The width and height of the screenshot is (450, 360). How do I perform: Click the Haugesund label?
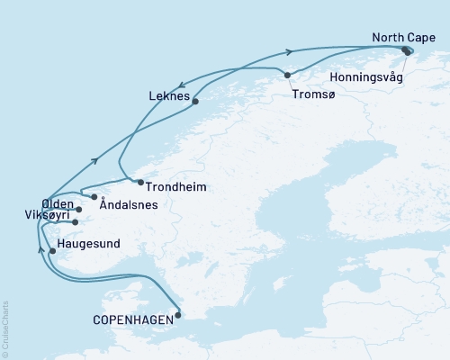click(x=86, y=242)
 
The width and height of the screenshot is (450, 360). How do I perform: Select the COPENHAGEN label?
click(x=133, y=319)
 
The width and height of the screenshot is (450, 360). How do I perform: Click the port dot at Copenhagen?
click(x=178, y=314)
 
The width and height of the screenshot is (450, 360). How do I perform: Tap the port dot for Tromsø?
click(x=287, y=76)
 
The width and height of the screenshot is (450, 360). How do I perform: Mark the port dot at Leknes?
click(x=195, y=103)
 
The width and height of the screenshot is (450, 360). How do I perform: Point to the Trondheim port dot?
click(x=139, y=183)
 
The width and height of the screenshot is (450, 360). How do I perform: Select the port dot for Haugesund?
click(x=52, y=251)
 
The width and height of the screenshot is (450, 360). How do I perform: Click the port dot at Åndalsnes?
click(x=94, y=196)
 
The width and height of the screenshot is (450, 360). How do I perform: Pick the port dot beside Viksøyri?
click(x=76, y=222)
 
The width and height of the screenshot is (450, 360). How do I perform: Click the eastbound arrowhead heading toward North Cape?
click(x=289, y=51)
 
